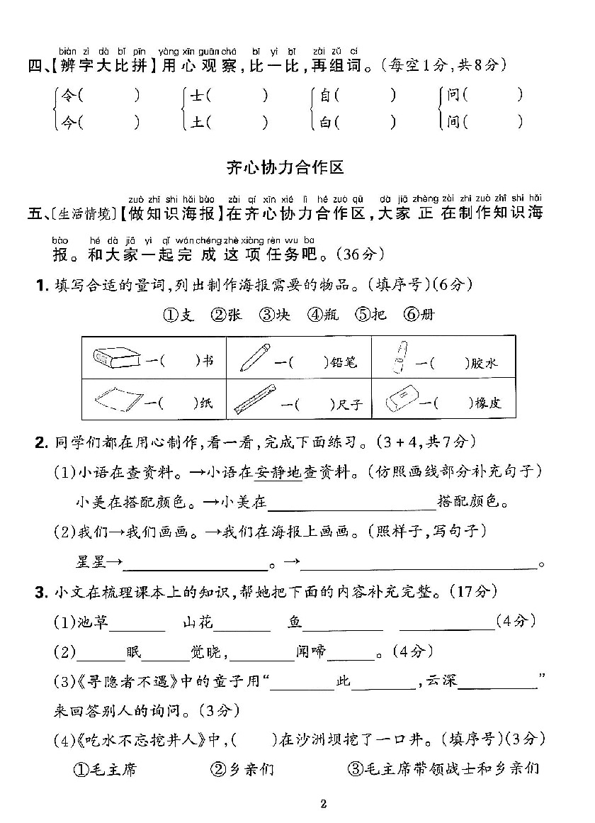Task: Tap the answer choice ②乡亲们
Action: (242, 768)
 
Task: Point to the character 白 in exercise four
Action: (325, 122)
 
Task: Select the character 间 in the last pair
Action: (453, 122)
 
